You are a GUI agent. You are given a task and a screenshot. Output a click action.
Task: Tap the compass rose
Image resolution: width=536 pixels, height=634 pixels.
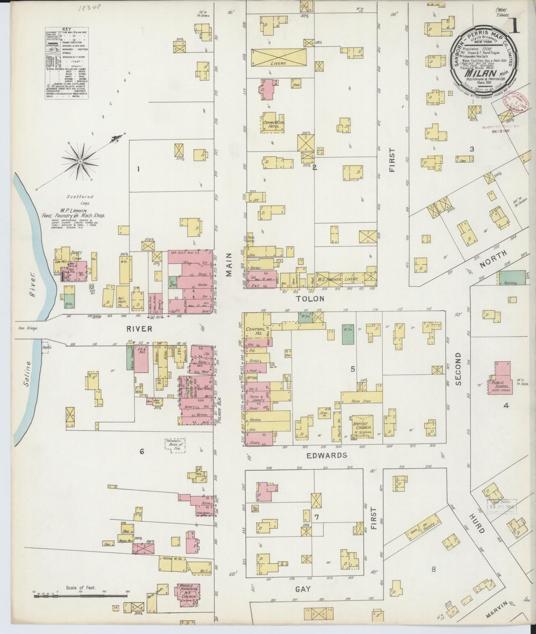80,162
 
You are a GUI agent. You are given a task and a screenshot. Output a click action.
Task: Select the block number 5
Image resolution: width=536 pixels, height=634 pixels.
353,369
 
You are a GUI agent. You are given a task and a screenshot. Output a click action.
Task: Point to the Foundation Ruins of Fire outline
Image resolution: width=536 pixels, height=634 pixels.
175,444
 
